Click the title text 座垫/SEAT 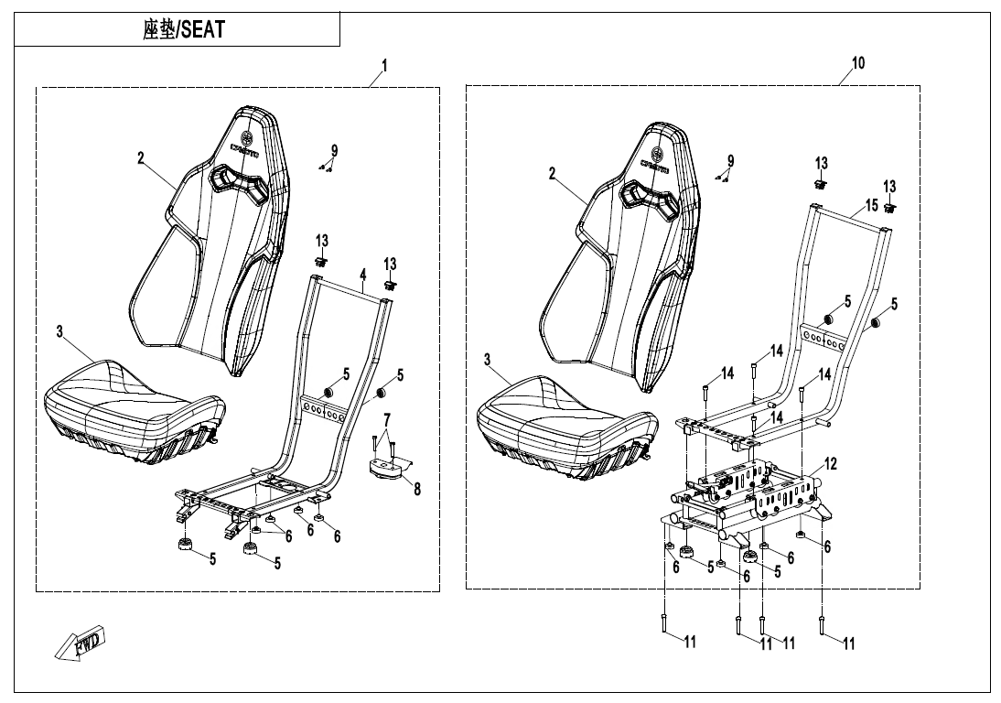click(x=184, y=29)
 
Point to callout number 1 click(x=385, y=65)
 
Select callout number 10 click(x=857, y=63)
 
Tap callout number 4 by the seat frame click(x=362, y=275)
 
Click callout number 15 click(x=871, y=204)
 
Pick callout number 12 click(x=830, y=464)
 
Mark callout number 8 click(x=417, y=490)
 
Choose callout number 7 click(x=387, y=418)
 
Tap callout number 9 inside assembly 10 click(x=730, y=161)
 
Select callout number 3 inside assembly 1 click(x=60, y=330)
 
